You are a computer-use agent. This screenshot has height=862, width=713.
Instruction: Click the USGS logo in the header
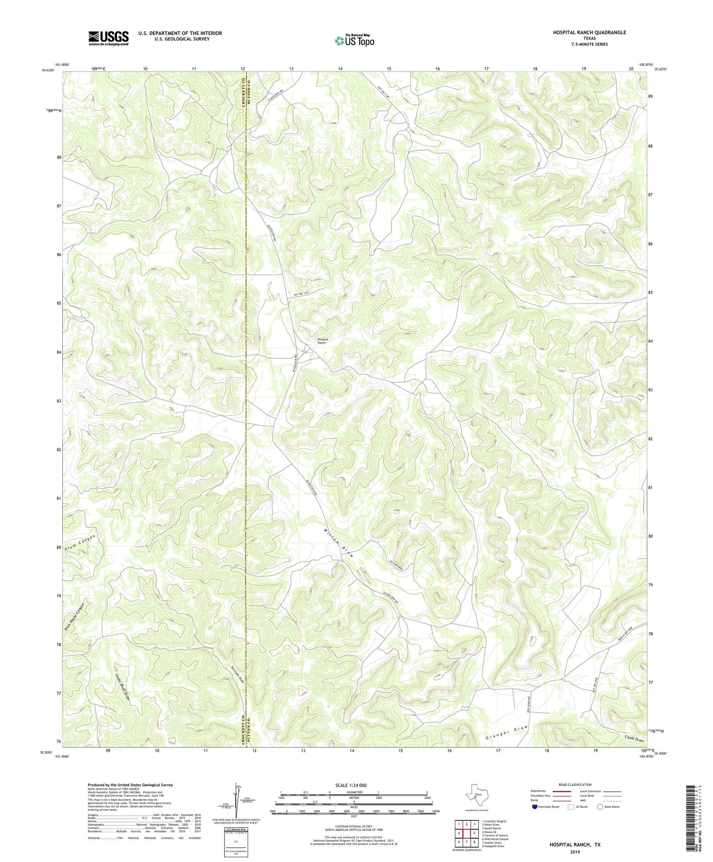(108, 38)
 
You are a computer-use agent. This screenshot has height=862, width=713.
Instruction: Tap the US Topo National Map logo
(354, 40)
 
